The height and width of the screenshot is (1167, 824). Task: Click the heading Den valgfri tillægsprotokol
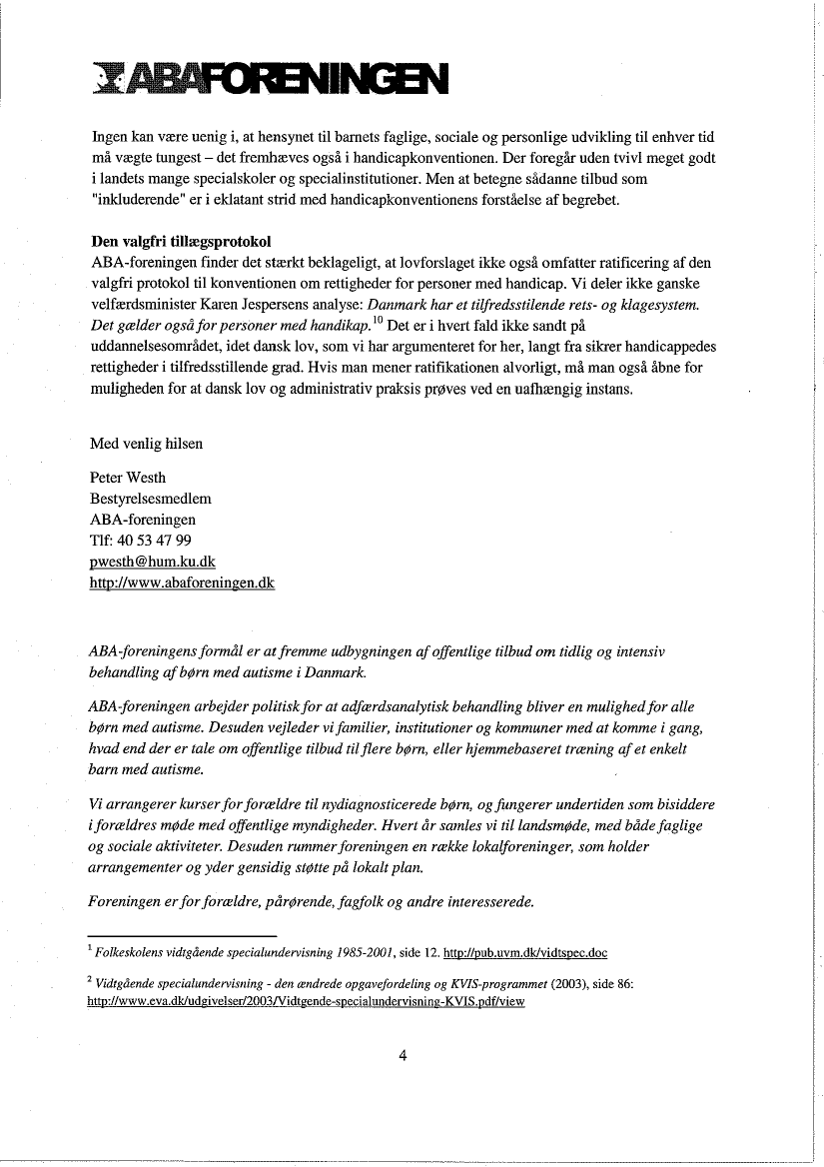181,243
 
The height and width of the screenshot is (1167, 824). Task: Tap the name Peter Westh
128,478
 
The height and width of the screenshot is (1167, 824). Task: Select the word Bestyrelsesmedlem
151,499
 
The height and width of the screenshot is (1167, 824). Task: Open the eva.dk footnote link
306,1001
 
